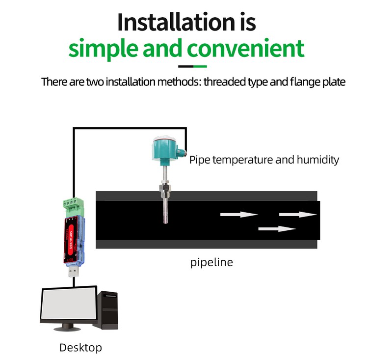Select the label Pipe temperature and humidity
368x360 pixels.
(x=264, y=160)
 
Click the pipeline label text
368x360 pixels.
(x=211, y=262)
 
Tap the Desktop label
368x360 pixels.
(x=80, y=348)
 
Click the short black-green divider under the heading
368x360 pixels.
(x=192, y=66)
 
